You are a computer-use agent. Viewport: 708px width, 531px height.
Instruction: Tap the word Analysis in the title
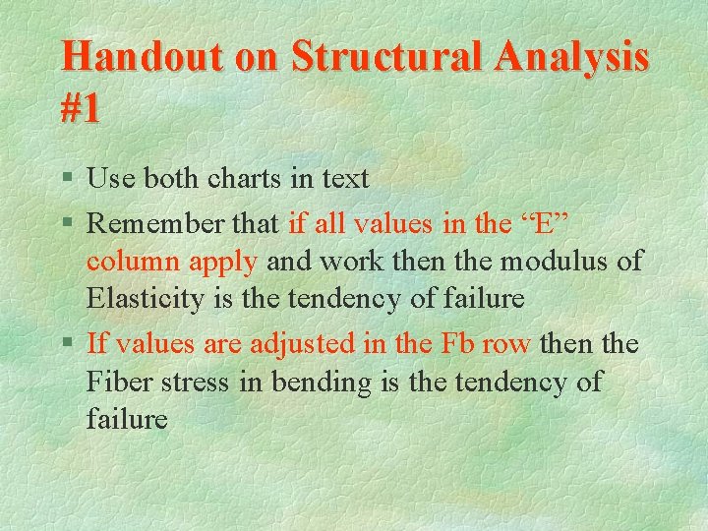point(571,57)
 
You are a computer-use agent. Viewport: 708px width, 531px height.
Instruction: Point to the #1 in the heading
point(81,108)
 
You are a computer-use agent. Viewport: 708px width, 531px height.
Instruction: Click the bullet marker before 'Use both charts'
point(67,180)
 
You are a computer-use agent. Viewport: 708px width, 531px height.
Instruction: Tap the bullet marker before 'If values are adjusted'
point(67,345)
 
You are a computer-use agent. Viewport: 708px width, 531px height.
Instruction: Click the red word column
point(130,262)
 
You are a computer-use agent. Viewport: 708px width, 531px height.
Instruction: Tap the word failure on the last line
point(127,419)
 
